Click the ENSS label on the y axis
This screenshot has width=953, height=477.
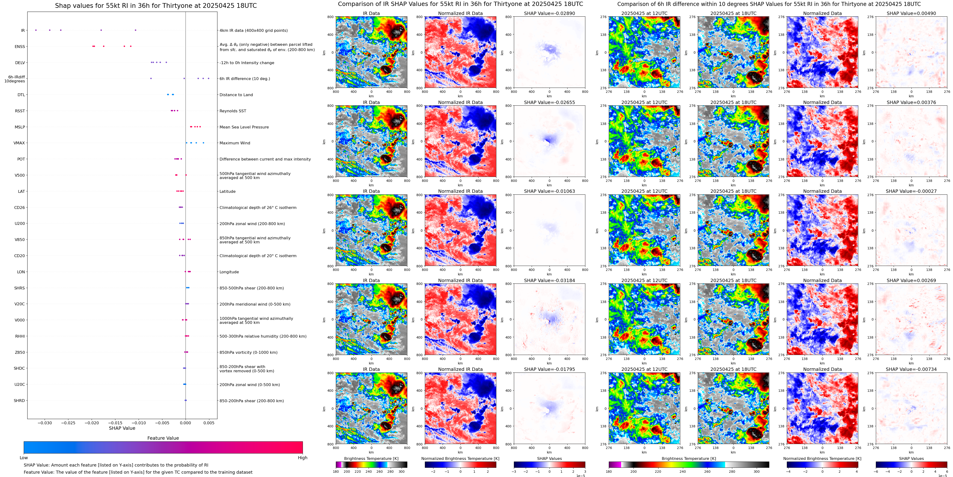[x=20, y=47]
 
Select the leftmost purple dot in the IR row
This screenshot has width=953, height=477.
[x=36, y=30]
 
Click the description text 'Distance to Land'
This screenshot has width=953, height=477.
[x=236, y=95]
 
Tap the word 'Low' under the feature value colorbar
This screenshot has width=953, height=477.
[x=24, y=458]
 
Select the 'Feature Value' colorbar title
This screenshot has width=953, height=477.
[x=163, y=438]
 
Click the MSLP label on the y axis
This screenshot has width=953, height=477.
[x=20, y=127]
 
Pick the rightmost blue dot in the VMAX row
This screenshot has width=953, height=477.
[x=203, y=143]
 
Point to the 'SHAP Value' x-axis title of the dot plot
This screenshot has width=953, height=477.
[x=122, y=428]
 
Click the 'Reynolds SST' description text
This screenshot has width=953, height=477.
[x=233, y=111]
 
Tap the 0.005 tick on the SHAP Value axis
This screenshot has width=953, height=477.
[x=209, y=423]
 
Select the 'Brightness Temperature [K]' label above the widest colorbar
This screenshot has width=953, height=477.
[x=689, y=458]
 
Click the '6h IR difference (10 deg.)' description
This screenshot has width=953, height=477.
[x=244, y=78]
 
